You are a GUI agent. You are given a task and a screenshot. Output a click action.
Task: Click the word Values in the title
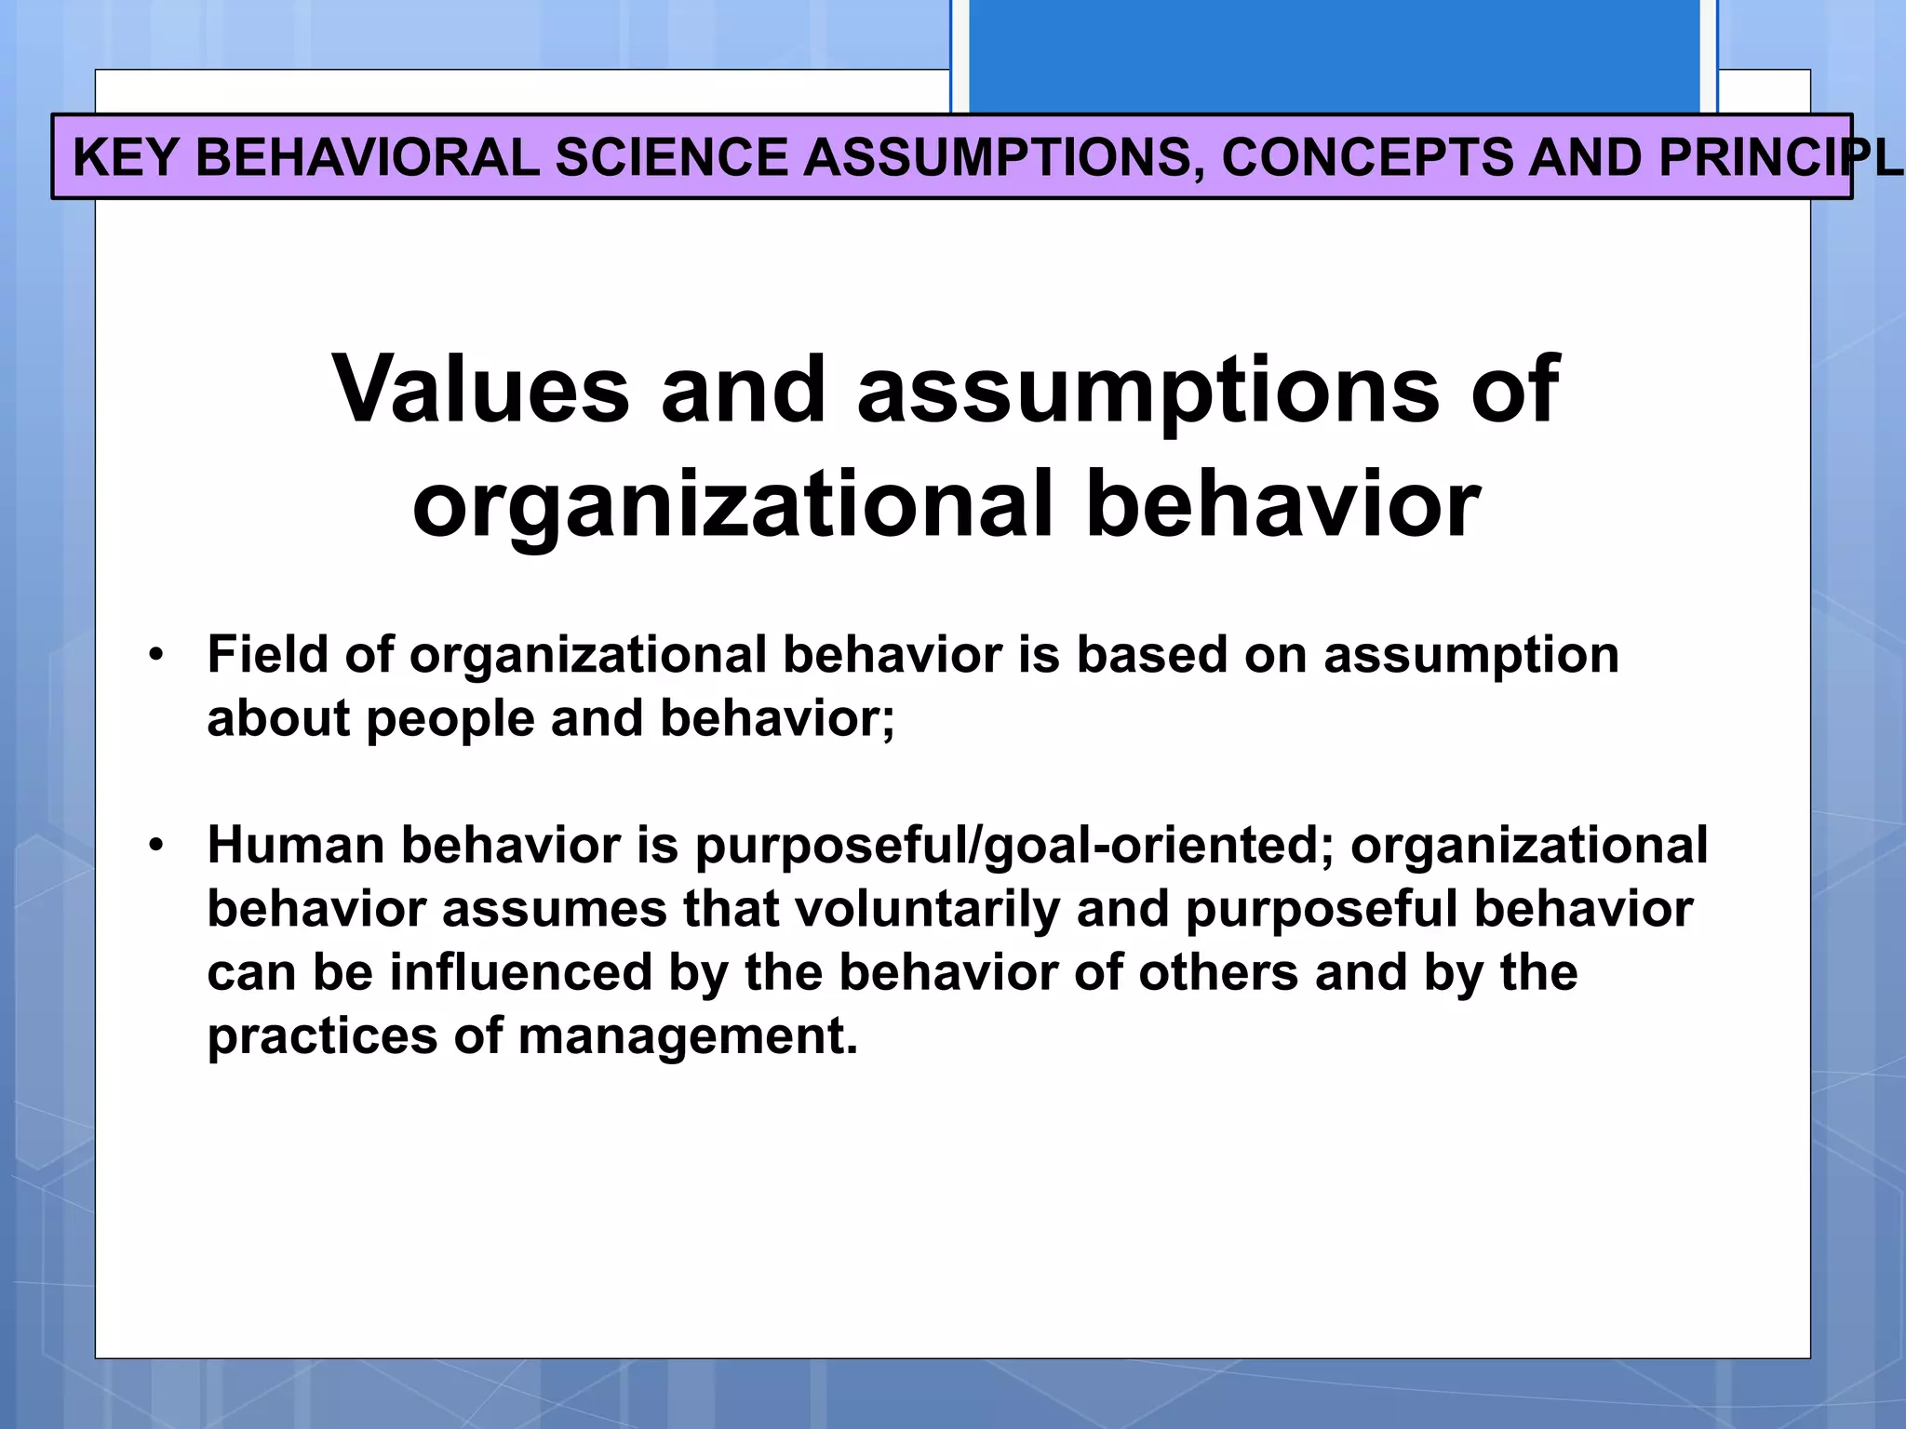[x=480, y=390]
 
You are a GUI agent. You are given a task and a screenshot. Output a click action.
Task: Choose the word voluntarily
[x=927, y=910]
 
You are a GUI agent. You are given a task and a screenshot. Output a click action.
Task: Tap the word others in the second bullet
[x=1217, y=973]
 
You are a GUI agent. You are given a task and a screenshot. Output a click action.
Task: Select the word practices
[x=321, y=1036]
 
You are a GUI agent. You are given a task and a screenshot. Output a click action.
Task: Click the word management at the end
[x=686, y=1036]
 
